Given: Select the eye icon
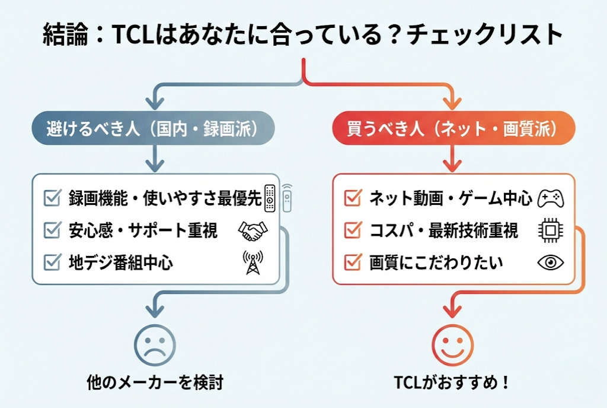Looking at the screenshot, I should [x=550, y=262].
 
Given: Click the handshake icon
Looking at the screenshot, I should [x=253, y=231].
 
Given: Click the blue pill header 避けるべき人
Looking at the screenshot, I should [x=153, y=129].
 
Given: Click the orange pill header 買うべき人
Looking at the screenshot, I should [x=453, y=129].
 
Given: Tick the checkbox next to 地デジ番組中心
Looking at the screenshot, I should [x=53, y=262].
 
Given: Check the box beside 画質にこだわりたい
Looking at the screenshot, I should [x=353, y=262].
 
